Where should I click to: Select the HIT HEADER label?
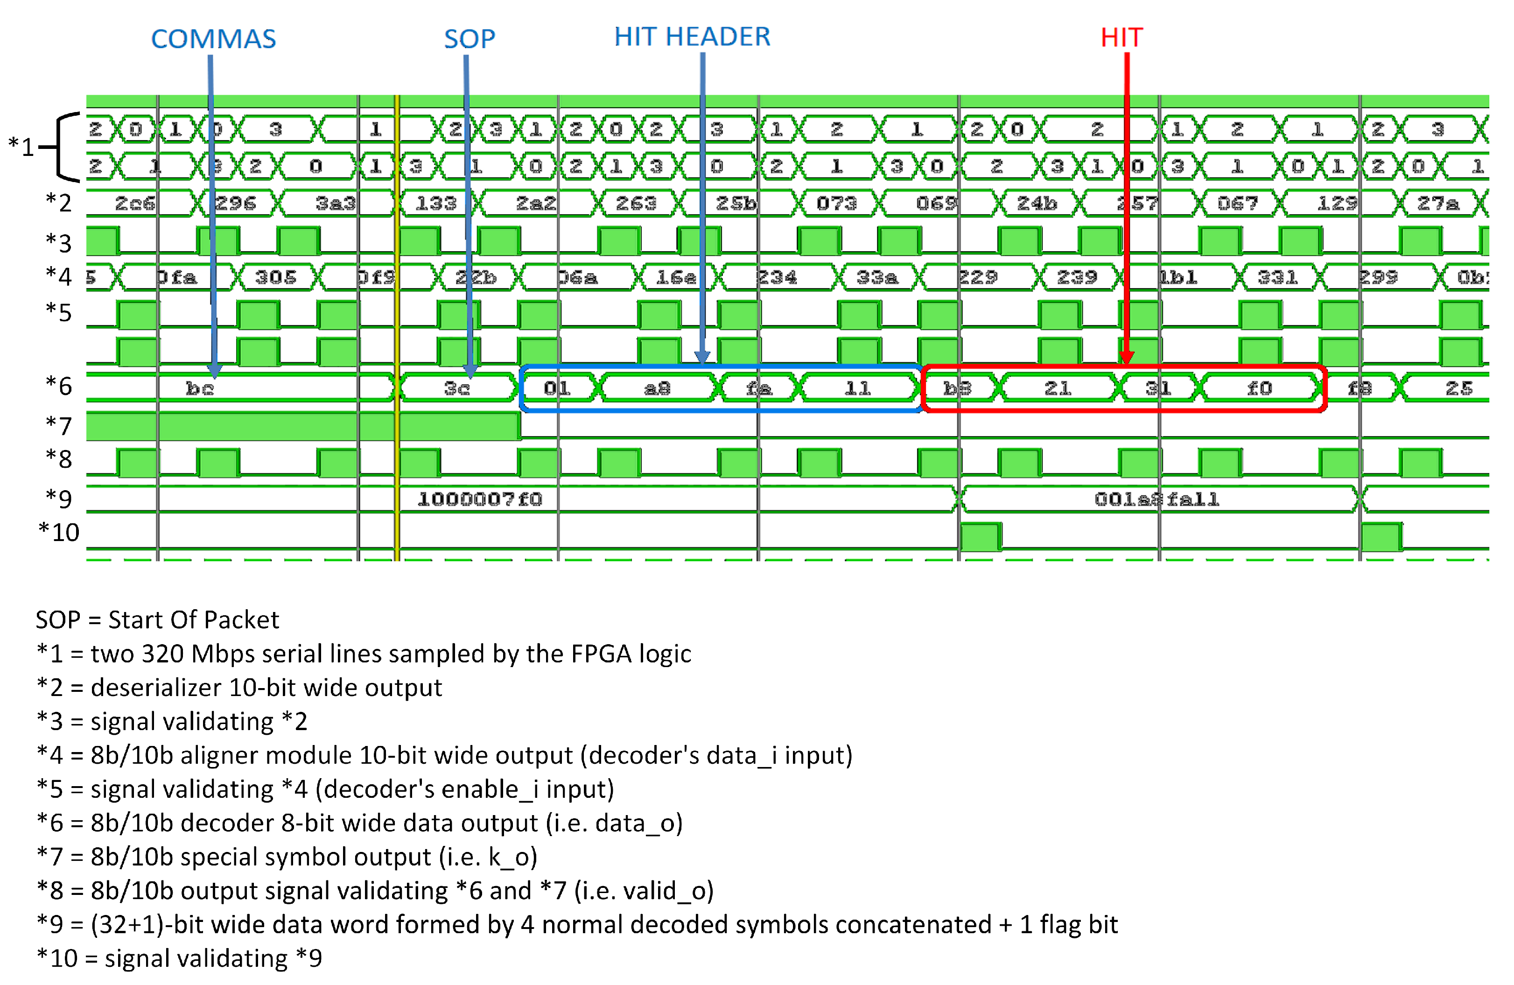tap(692, 37)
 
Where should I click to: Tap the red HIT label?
tap(1121, 37)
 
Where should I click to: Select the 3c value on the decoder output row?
tap(457, 388)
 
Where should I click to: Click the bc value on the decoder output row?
tap(199, 388)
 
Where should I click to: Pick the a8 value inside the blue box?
tap(657, 388)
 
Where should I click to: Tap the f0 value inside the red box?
tap(1259, 388)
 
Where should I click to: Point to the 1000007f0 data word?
tap(480, 500)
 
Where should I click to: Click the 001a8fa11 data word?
tap(1156, 500)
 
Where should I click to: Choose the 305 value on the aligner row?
tap(275, 277)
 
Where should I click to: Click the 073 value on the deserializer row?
tap(836, 204)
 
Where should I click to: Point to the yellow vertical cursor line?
tap(396, 318)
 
